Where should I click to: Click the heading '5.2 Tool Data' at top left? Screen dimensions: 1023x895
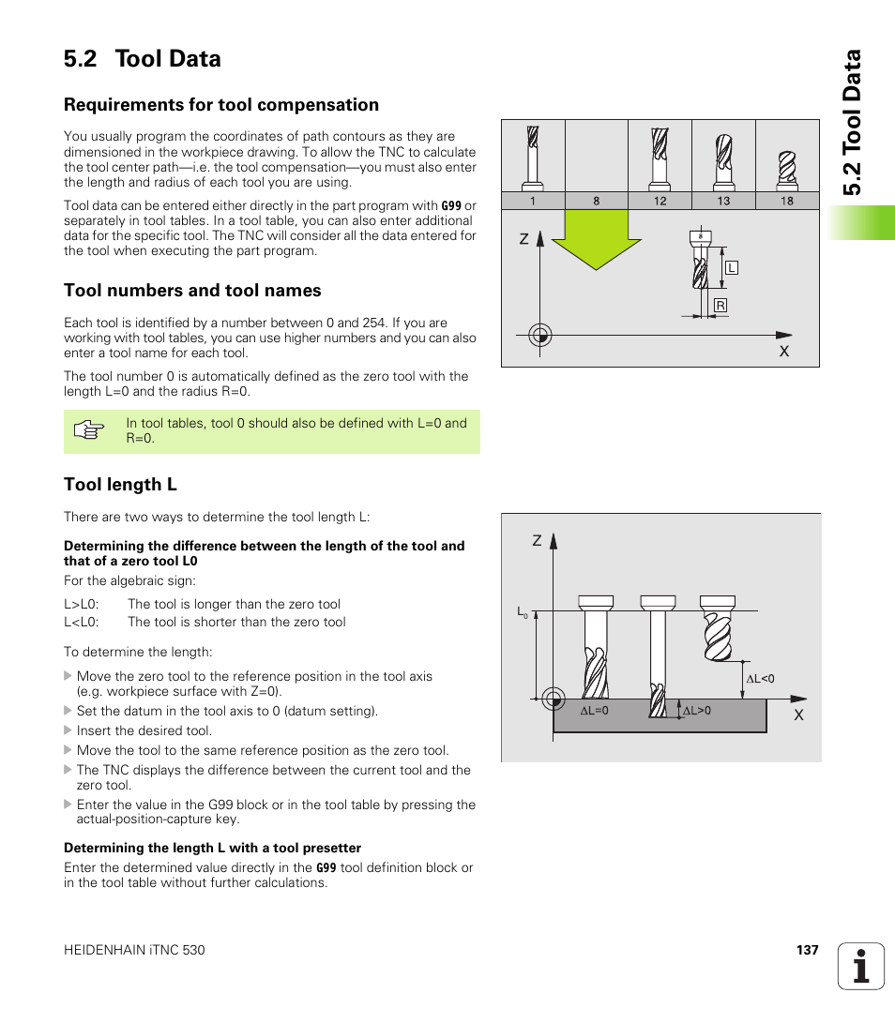tap(143, 58)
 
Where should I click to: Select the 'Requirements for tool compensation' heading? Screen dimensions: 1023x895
tap(221, 104)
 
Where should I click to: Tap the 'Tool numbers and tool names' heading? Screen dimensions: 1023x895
tap(192, 290)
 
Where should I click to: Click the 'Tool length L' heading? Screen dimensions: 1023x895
tap(120, 484)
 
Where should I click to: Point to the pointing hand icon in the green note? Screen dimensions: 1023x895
tap(88, 431)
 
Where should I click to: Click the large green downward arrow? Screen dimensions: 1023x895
tap(590, 239)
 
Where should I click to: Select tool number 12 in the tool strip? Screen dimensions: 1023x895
tap(660, 201)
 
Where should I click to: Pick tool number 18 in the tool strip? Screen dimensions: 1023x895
tap(786, 201)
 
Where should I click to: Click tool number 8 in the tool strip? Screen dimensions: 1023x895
tap(596, 201)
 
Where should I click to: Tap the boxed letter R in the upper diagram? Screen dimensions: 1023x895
tap(721, 306)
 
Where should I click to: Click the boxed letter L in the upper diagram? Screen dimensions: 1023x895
tap(732, 268)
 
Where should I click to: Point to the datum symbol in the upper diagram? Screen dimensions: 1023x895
tap(539, 335)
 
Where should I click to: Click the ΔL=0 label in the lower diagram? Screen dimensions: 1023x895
tap(594, 711)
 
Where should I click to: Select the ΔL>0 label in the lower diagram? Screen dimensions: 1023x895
tap(696, 711)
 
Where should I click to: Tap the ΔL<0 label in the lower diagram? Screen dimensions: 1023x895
tap(760, 678)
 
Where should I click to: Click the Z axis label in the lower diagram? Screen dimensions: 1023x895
tap(538, 542)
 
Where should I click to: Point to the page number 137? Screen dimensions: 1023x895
tap(807, 950)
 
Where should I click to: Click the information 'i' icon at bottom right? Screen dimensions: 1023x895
tap(861, 966)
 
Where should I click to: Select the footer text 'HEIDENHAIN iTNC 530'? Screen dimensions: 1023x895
tap(134, 950)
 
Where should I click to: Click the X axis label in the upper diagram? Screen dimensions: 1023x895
tap(784, 351)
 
